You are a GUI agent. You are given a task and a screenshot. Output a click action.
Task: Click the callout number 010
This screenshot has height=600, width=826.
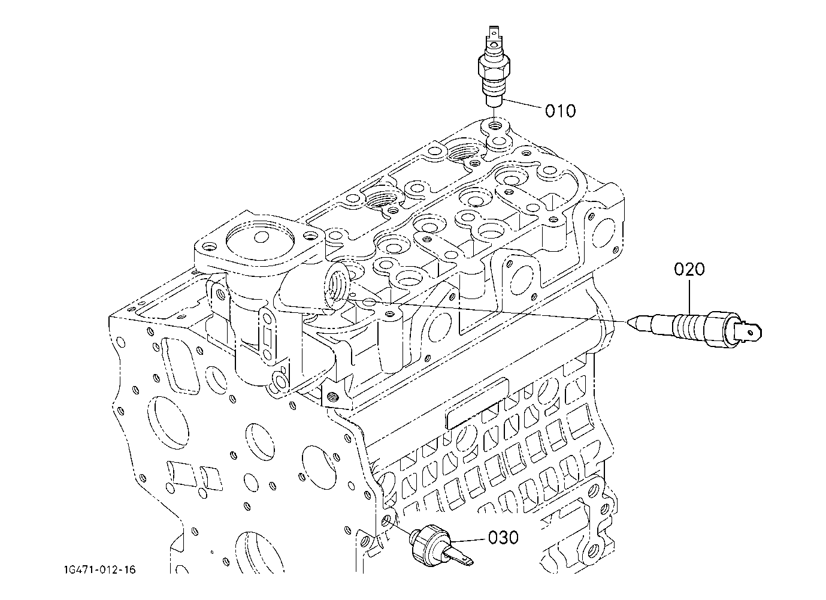click(560, 111)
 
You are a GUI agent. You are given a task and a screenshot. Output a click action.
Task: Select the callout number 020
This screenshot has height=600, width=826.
click(689, 269)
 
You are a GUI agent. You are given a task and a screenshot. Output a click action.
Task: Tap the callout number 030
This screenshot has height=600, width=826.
click(503, 538)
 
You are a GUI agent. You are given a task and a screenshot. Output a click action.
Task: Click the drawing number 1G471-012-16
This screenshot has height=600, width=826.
click(99, 570)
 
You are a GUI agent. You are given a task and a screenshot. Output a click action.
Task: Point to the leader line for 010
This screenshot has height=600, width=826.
click(523, 104)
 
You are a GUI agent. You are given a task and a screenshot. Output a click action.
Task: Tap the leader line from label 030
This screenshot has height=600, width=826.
click(468, 540)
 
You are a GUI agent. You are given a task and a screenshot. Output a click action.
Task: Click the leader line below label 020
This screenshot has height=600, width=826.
click(689, 297)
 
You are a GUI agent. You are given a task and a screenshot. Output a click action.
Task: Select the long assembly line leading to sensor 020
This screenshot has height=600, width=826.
click(490, 312)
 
